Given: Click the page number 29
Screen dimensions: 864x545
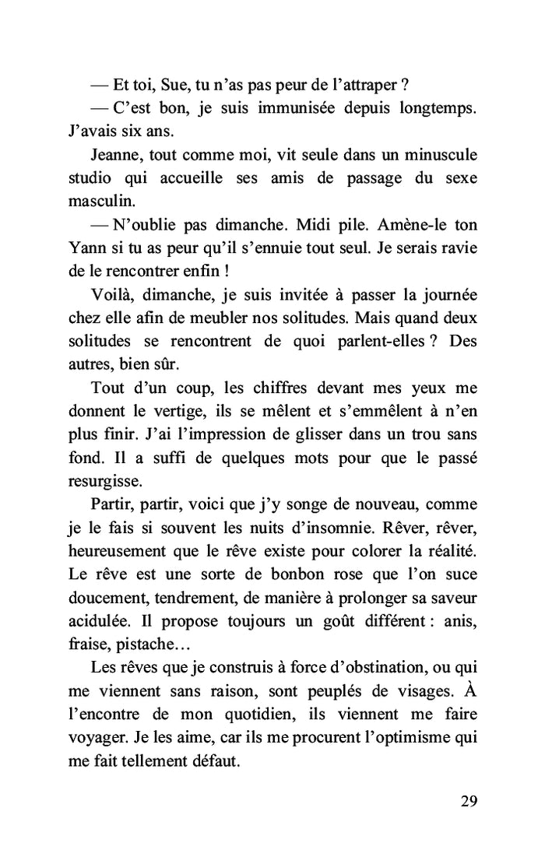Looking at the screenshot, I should (x=467, y=802).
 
